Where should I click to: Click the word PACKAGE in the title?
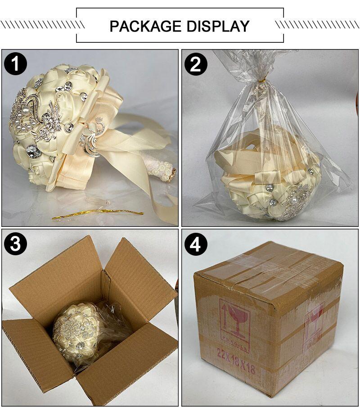tap(145, 26)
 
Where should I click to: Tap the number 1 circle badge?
tap(15, 64)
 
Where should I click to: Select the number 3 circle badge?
tap(15, 244)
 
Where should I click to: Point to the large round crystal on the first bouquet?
tap(33, 151)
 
